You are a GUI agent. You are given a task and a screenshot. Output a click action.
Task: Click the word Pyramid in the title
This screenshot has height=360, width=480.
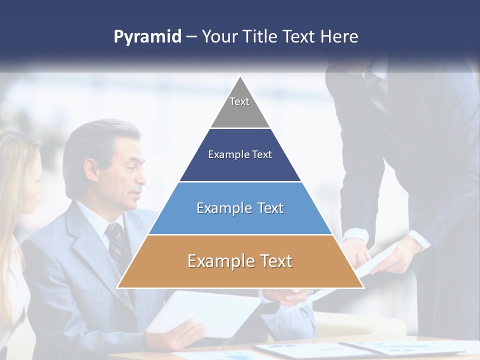147,37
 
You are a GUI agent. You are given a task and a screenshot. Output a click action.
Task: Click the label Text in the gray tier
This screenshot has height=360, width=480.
239,101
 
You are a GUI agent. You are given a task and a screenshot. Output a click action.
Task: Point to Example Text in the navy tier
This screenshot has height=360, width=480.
240,154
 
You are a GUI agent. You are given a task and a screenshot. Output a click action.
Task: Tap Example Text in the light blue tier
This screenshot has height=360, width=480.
240,208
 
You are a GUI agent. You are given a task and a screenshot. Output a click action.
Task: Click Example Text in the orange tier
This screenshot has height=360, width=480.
240,261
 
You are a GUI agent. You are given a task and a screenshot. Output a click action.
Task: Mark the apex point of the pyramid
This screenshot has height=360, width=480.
240,76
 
